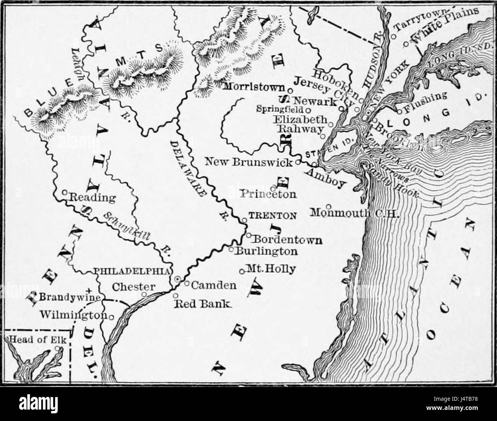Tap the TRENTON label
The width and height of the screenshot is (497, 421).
tap(272, 215)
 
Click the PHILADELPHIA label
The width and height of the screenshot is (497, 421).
tap(132, 271)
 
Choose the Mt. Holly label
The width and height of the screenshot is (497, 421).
tap(271, 269)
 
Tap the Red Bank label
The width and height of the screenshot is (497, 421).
tap(203, 304)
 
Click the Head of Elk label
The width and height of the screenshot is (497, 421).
tap(32, 339)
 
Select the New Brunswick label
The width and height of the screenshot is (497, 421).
tap(249, 162)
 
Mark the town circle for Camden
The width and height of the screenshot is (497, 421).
tap(187, 283)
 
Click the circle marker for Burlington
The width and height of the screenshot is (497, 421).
tap(231, 249)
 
